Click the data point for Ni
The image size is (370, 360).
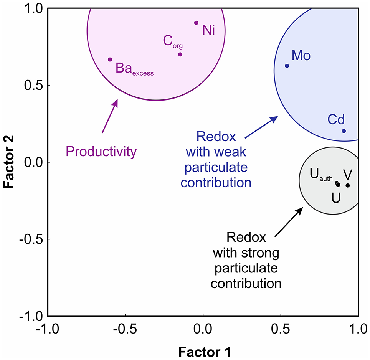point(196,23)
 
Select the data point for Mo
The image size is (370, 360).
point(287,66)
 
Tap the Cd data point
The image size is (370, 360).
point(344,131)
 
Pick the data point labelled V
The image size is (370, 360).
point(348,185)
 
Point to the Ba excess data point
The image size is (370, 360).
point(110,59)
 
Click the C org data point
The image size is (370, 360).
point(180,54)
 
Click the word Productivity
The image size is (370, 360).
point(101,152)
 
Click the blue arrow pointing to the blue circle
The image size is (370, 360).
point(261,127)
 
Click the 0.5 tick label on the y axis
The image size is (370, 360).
point(33,85)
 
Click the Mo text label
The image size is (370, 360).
point(301,56)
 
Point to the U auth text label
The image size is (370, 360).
point(321,176)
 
